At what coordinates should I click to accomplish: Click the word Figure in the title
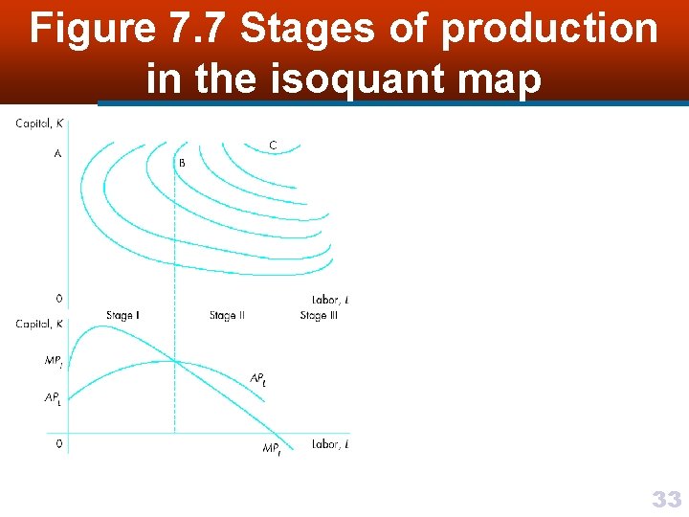tap(91, 30)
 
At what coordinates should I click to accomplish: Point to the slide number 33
tap(666, 499)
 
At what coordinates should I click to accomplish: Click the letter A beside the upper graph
tap(57, 153)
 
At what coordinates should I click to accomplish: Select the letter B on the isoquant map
tap(182, 163)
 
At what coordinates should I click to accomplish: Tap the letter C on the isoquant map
tap(273, 146)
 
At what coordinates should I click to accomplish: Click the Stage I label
tap(122, 316)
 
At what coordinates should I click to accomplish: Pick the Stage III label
tap(319, 316)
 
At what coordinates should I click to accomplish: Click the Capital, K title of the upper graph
tap(39, 123)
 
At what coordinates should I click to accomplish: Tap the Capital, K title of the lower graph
tap(39, 325)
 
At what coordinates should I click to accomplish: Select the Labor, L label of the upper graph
tap(330, 300)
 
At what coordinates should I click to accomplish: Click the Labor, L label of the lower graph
tap(330, 444)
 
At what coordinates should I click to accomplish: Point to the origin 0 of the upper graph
tap(59, 299)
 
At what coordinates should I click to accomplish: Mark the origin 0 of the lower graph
tap(59, 443)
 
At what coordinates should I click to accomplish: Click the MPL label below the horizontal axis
tap(272, 448)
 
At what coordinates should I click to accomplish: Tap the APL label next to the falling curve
tap(257, 380)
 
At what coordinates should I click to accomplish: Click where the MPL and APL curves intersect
tap(174, 361)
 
